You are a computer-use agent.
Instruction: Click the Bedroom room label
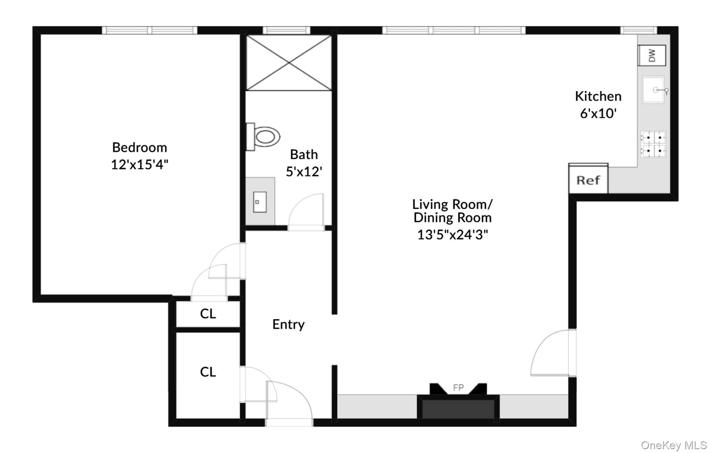[140, 148]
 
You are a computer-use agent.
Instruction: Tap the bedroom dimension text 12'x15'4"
[140, 164]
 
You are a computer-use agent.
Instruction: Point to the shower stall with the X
[289, 62]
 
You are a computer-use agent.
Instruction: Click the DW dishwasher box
[652, 55]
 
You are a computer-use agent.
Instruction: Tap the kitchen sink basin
[653, 90]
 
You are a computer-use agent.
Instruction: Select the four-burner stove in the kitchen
[653, 144]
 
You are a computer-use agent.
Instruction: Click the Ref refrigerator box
[588, 180]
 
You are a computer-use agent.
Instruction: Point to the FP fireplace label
[458, 388]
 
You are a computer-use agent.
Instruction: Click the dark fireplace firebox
[458, 409]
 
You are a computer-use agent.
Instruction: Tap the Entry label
[288, 325]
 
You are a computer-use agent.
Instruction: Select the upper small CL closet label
[208, 314]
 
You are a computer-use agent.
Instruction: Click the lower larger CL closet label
[208, 372]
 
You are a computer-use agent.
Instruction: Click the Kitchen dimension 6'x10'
[598, 113]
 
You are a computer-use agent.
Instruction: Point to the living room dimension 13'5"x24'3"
[452, 235]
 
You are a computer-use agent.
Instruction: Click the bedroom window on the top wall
[150, 31]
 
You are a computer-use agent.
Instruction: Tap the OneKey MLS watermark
[674, 445]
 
